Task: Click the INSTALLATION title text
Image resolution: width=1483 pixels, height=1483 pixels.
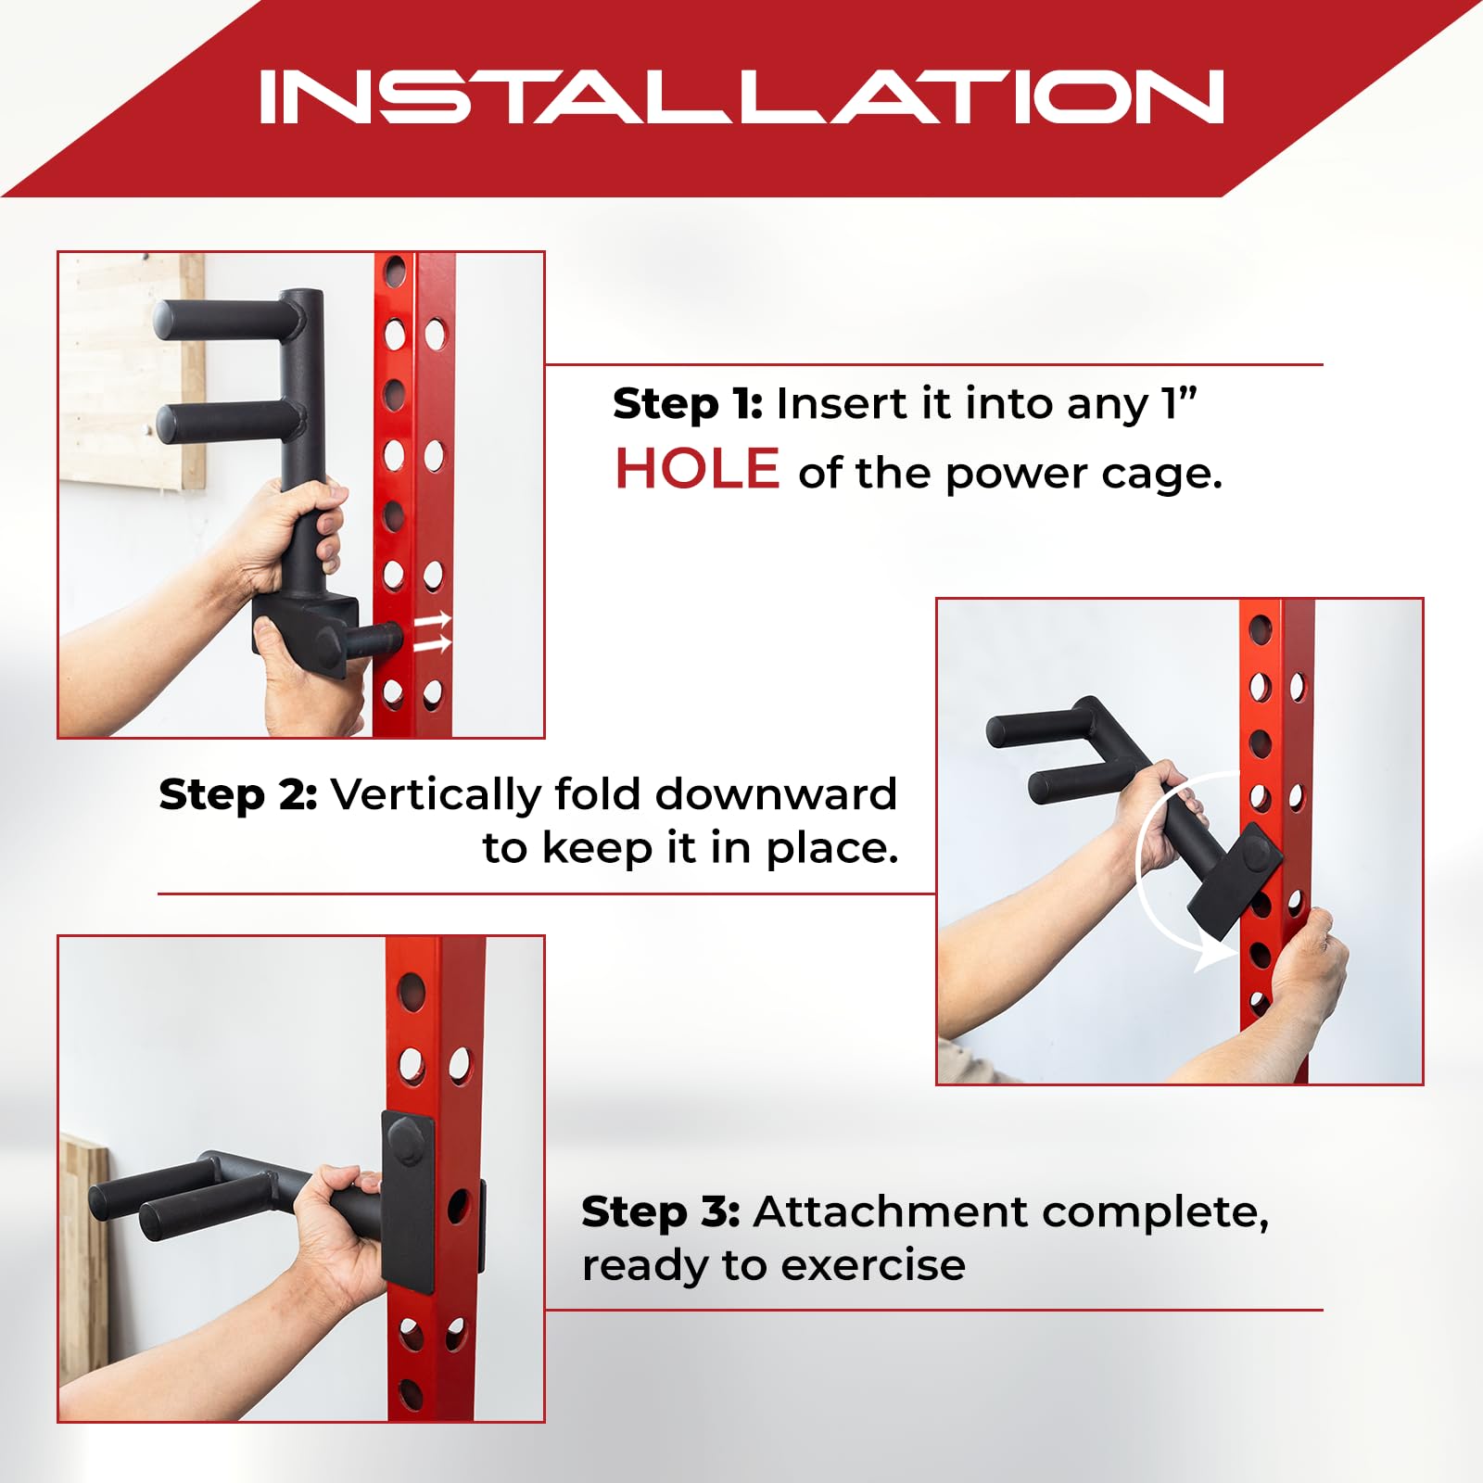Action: pyautogui.click(x=741, y=96)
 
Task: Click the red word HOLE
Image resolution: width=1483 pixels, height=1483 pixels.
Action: pyautogui.click(x=697, y=468)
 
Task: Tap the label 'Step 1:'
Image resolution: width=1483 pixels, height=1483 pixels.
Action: pyautogui.click(x=688, y=404)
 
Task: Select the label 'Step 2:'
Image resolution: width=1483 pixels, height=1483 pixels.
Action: pyautogui.click(x=238, y=794)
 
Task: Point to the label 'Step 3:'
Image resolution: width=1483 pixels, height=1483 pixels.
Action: pyautogui.click(x=661, y=1211)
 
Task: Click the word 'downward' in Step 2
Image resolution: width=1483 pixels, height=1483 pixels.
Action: pyautogui.click(x=776, y=794)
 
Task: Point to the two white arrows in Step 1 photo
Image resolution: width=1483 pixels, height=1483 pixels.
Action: pyautogui.click(x=432, y=631)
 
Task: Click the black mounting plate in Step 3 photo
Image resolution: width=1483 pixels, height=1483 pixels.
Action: pyautogui.click(x=408, y=1198)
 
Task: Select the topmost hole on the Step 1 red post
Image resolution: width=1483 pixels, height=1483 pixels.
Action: pyautogui.click(x=395, y=272)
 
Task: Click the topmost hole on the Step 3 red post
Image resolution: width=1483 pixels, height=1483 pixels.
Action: pyautogui.click(x=411, y=992)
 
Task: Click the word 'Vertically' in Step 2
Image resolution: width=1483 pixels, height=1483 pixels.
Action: pyautogui.click(x=437, y=794)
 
